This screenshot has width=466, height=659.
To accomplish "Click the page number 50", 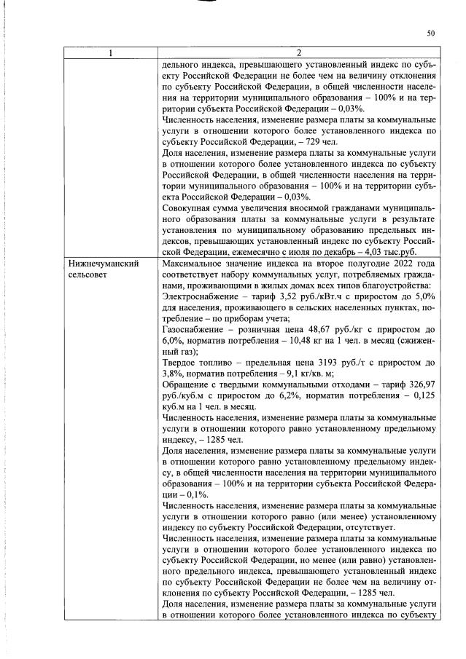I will (x=430, y=33).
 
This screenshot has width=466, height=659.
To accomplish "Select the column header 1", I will (x=109, y=52).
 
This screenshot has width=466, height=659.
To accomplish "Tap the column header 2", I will (x=298, y=52).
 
